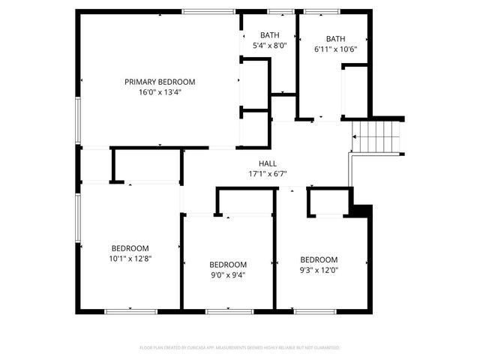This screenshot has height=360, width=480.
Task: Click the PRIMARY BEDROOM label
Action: (160, 82)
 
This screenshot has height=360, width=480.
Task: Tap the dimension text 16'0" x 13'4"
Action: (160, 92)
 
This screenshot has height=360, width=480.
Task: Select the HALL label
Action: (268, 163)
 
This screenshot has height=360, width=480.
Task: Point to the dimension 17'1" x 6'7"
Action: (268, 174)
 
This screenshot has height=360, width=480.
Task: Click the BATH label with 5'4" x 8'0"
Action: (269, 35)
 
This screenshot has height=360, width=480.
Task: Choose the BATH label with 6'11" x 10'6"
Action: (335, 39)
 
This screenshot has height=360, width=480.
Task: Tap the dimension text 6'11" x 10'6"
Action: (335, 49)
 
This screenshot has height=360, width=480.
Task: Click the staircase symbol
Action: (377, 138)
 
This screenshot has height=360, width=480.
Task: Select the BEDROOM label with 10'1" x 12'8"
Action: (130, 248)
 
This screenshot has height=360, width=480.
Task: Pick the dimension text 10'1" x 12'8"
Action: (130, 259)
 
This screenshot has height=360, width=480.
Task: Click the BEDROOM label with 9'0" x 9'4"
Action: (228, 264)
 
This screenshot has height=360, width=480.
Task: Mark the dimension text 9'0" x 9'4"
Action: (228, 274)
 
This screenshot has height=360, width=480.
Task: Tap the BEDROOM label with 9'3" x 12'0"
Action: (319, 259)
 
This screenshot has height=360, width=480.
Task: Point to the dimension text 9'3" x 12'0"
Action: (319, 270)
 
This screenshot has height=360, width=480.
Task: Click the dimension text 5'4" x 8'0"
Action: (269, 46)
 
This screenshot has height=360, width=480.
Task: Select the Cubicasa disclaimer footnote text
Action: (240, 348)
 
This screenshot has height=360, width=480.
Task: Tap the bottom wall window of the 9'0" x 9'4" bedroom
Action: (228, 310)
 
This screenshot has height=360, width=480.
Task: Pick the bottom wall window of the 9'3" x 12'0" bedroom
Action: (315, 310)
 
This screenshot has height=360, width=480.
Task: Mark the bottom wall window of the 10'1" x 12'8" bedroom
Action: (130, 310)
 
